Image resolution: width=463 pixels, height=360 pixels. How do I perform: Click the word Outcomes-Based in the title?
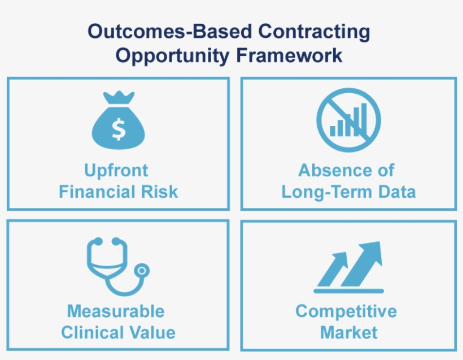coord(170,31)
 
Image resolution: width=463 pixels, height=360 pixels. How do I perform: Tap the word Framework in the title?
coord(289,55)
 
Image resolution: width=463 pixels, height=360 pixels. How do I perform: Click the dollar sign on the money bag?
coord(119,129)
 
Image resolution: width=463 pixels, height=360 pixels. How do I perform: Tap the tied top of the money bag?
coord(119,98)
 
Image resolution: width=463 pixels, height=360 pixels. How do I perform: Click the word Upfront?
coord(116,171)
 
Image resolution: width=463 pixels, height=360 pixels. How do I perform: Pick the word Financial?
coord(98,192)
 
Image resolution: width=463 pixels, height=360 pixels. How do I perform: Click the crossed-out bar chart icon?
coord(349,120)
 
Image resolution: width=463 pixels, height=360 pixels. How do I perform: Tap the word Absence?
coord(330,170)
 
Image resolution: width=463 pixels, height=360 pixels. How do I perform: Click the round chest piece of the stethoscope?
coord(142,271)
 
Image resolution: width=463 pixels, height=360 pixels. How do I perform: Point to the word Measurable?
coord(116,311)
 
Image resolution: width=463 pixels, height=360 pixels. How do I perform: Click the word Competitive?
coord(346,312)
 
